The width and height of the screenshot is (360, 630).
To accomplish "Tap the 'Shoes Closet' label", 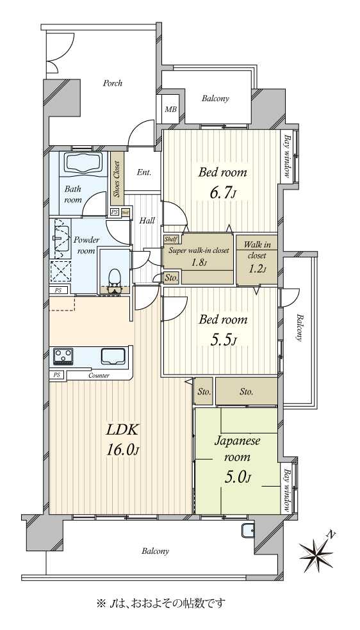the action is (117, 179).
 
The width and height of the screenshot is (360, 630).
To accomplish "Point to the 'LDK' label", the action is (122, 430).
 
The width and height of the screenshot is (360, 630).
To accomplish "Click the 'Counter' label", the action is (99, 376).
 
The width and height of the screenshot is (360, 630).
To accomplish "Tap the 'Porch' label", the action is (113, 84).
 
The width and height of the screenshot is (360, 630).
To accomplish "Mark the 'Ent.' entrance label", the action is (144, 173).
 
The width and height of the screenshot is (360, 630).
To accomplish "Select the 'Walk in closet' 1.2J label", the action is (257, 256).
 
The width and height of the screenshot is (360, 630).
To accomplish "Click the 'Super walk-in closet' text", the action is (199, 250).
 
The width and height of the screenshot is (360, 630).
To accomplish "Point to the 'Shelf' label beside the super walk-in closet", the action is (171, 239).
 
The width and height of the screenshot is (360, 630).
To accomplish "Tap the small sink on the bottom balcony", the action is (248, 531).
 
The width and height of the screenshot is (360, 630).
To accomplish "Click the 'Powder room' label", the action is (86, 245).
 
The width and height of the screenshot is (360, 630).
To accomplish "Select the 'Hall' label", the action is (147, 221).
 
